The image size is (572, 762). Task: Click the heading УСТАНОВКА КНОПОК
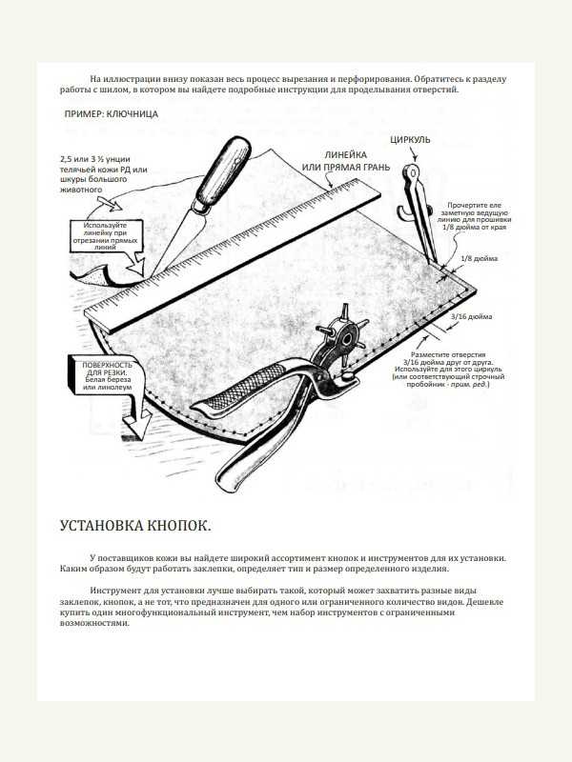[135, 526]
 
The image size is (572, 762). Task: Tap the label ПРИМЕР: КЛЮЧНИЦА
[111, 114]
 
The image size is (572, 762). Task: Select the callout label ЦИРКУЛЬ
[411, 141]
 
